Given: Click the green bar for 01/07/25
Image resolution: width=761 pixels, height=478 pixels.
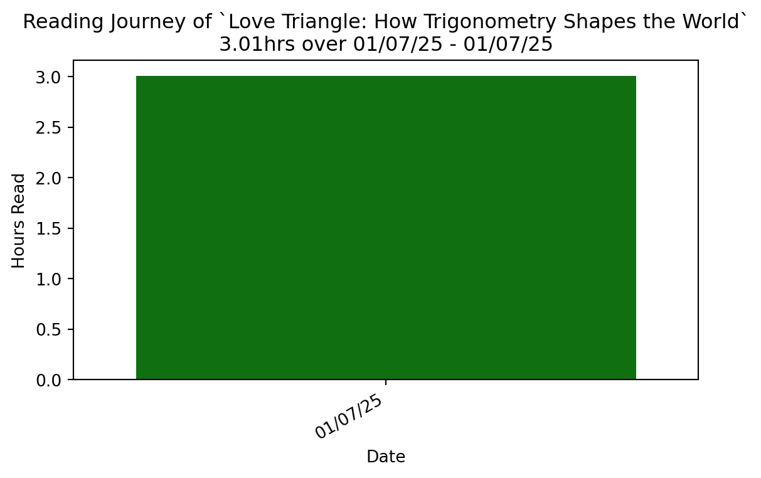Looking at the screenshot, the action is pyautogui.click(x=386, y=228).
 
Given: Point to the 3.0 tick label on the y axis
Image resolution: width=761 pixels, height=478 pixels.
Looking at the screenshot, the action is pyautogui.click(x=48, y=77).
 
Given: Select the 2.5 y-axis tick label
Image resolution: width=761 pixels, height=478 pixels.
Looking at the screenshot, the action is pyautogui.click(x=48, y=128).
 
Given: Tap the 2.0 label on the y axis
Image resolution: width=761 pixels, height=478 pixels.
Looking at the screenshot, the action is pyautogui.click(x=48, y=178).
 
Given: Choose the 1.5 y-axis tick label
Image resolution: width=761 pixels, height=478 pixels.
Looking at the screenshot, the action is pyautogui.click(x=48, y=228).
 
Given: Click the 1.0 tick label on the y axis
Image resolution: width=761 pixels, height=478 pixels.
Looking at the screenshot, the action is pyautogui.click(x=48, y=279).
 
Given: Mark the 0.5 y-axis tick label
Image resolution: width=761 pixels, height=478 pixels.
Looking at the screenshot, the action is pyautogui.click(x=48, y=329).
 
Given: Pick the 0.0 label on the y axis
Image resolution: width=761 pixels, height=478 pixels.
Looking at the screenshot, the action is pyautogui.click(x=48, y=380).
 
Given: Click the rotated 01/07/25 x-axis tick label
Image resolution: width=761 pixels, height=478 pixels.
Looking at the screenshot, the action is pyautogui.click(x=349, y=417).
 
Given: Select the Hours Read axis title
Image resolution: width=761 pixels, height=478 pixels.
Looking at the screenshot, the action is pyautogui.click(x=18, y=221).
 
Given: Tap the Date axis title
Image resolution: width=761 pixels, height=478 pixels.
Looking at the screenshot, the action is pyautogui.click(x=386, y=456).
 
